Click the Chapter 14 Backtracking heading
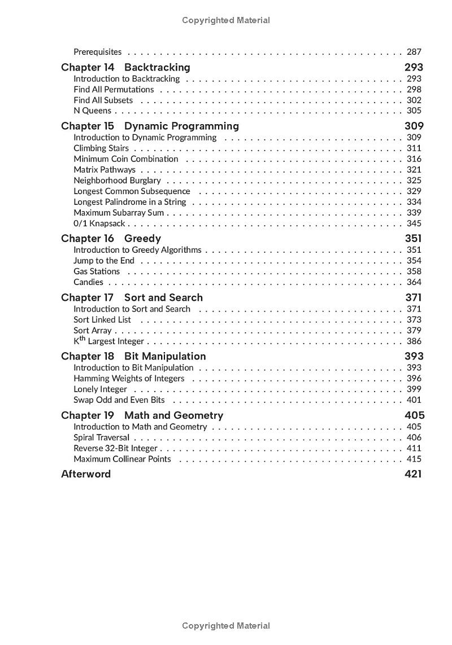click(x=125, y=67)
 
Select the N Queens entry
click(x=92, y=111)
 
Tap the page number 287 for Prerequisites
click(x=414, y=52)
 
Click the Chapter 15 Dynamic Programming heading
click(x=150, y=126)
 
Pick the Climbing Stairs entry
click(x=101, y=148)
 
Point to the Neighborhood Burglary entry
click(x=117, y=181)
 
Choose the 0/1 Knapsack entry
click(x=99, y=223)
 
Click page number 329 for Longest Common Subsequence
click(x=414, y=191)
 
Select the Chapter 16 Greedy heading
click(x=111, y=238)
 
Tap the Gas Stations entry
click(x=97, y=271)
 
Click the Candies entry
click(x=88, y=282)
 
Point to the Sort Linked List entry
click(x=102, y=319)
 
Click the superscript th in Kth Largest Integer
click(x=82, y=339)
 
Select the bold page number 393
click(x=414, y=356)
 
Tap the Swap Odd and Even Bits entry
click(x=119, y=400)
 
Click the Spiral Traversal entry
click(x=102, y=437)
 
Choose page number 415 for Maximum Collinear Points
click(x=414, y=459)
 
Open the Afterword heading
click(x=86, y=474)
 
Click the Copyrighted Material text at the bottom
click(x=226, y=626)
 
